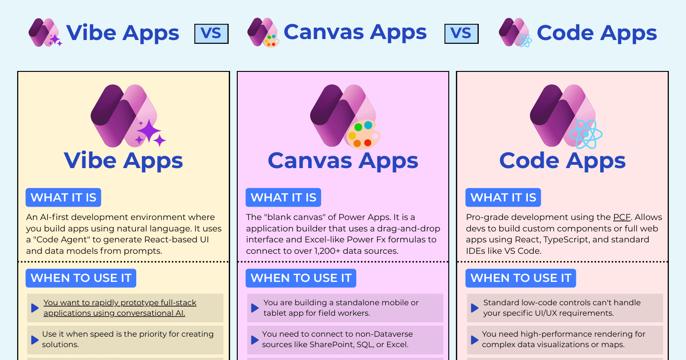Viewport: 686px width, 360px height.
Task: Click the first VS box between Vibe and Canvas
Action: pyautogui.click(x=212, y=34)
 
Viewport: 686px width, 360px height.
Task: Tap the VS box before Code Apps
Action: pyautogui.click(x=461, y=34)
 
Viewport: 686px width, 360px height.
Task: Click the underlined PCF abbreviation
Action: pyautogui.click(x=622, y=217)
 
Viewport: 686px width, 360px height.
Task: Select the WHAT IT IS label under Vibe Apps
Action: pyautogui.click(x=63, y=198)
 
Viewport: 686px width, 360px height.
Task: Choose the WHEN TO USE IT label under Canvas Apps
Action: pyautogui.click(x=301, y=278)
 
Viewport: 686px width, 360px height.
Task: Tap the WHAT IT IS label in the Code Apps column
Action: pyautogui.click(x=503, y=198)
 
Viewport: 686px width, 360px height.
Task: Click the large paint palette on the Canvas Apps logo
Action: pyautogui.click(x=363, y=134)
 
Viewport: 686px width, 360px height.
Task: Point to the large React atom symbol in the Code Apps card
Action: pyautogui.click(x=586, y=134)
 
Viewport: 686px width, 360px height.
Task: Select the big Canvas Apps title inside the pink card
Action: pyautogui.click(x=343, y=161)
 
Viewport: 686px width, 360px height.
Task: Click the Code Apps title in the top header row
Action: pyautogui.click(x=597, y=33)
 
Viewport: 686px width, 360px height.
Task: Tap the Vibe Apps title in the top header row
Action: pyautogui.click(x=122, y=33)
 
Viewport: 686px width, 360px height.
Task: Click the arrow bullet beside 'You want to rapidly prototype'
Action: pyautogui.click(x=35, y=308)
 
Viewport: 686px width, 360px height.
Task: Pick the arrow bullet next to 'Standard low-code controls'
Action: pyautogui.click(x=474, y=308)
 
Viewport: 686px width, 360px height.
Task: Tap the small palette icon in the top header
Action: pyautogui.click(x=272, y=40)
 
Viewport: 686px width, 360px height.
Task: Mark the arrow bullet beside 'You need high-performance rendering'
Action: pyautogui.click(x=474, y=340)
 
